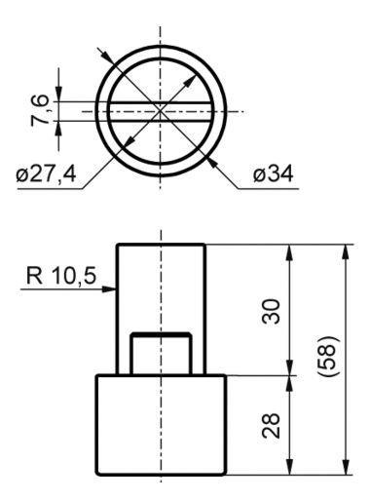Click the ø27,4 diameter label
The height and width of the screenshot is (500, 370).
46,174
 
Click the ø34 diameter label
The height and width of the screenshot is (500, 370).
273,174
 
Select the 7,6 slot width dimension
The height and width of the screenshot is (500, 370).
40,110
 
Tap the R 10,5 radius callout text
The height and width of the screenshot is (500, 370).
61,276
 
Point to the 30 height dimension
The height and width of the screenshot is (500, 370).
271,312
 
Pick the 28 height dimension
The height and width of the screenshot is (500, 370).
271,426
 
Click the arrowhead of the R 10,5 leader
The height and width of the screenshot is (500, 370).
109,288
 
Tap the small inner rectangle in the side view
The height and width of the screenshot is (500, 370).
161,354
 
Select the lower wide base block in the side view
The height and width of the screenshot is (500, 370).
161,425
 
